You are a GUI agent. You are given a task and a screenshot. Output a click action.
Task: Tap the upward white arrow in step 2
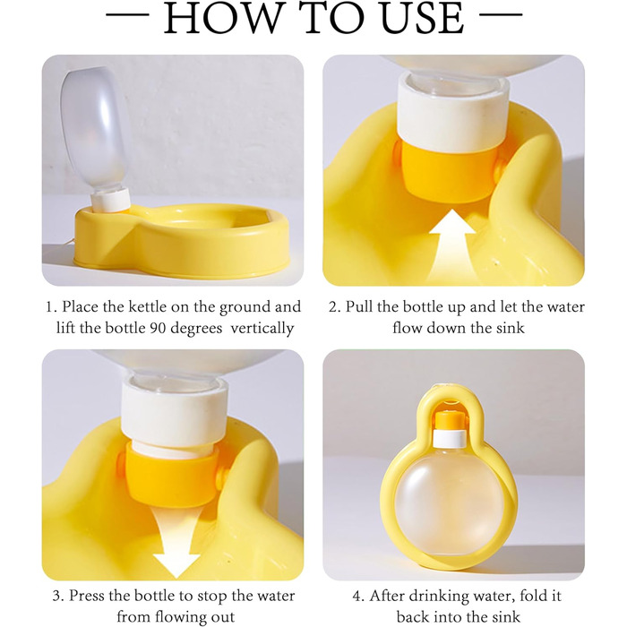pyautogui.click(x=452, y=246)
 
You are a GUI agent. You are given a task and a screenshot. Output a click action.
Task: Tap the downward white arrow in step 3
pyautogui.click(x=176, y=541)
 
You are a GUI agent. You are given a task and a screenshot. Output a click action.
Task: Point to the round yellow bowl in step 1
pyautogui.click(x=182, y=239)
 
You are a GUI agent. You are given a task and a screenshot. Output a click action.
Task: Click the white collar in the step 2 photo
pyautogui.click(x=453, y=111)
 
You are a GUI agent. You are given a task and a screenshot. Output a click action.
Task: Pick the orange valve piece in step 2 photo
pyautogui.click(x=447, y=171)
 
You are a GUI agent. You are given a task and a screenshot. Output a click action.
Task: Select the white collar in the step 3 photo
pyautogui.click(x=175, y=412)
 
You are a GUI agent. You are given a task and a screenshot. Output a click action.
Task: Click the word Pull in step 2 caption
pyautogui.click(x=358, y=307)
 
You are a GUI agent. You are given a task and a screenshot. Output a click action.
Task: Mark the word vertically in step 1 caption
pyautogui.click(x=262, y=329)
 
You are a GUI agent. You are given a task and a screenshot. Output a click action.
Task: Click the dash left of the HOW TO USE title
pyautogui.click(x=127, y=15)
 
